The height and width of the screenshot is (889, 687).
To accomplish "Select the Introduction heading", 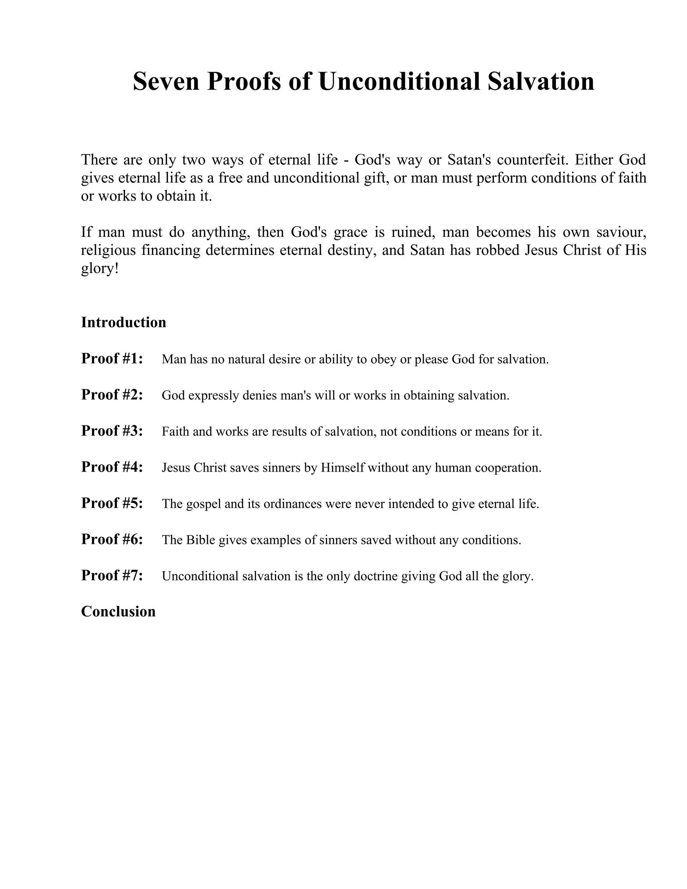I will tap(124, 322).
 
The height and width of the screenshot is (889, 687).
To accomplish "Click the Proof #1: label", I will tap(112, 359).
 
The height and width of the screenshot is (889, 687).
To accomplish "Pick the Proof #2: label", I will tap(112, 395).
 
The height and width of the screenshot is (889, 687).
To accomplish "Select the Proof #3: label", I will tap(112, 431).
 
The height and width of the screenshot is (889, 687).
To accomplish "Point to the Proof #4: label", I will tap(112, 467).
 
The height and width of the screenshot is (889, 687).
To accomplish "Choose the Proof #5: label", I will tap(112, 503).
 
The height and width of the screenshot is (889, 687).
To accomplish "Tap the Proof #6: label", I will tap(112, 539).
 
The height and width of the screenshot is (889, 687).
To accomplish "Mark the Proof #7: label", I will tap(112, 576).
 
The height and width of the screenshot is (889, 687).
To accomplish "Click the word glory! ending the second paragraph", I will tap(100, 269).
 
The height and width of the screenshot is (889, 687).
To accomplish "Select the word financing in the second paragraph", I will tap(171, 250).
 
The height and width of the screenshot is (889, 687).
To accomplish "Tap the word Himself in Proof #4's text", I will tap(342, 468).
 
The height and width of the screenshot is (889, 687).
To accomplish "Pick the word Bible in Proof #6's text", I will tap(201, 540).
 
